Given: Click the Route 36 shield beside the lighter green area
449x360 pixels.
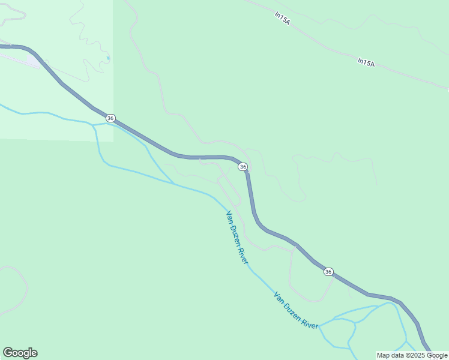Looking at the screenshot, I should pyautogui.click(x=111, y=118).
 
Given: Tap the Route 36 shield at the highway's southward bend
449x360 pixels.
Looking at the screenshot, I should pyautogui.click(x=243, y=166).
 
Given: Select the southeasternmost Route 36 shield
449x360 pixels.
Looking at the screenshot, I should pyautogui.click(x=328, y=272).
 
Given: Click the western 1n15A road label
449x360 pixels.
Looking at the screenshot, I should pyautogui.click(x=282, y=19).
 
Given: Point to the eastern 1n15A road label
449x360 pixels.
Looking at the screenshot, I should pyautogui.click(x=366, y=61).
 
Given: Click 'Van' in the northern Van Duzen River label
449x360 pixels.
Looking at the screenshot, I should pyautogui.click(x=229, y=216).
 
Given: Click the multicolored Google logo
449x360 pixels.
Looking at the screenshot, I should pyautogui.click(x=20, y=353).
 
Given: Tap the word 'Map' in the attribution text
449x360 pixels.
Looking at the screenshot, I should pyautogui.click(x=383, y=355).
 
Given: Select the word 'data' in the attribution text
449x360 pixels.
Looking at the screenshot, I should pyautogui.click(x=397, y=355).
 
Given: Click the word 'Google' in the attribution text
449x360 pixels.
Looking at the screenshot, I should pyautogui.click(x=436, y=355).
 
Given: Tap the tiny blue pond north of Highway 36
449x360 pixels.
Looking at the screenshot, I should pyautogui.click(x=108, y=58).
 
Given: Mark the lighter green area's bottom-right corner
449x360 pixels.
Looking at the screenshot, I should pyautogui.click(x=113, y=142).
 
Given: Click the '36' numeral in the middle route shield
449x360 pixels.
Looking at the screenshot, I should pyautogui.click(x=243, y=166).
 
